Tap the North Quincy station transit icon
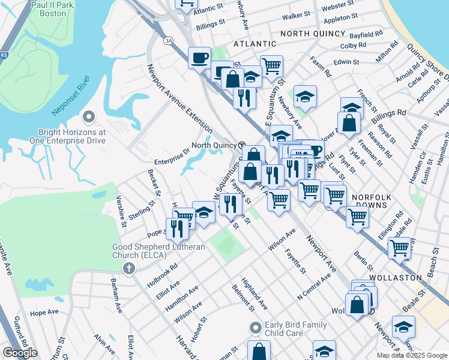tap(242, 145)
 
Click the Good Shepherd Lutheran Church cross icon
tap(128, 269)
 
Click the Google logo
tap(20, 353)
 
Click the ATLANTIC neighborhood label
tap(255, 44)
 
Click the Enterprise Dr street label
tap(172, 162)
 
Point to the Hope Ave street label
tap(44, 313)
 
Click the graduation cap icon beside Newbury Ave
tap(305, 98)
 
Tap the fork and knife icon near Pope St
tap(177, 229)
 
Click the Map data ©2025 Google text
tap(411, 355)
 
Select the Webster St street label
tap(338, 5)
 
